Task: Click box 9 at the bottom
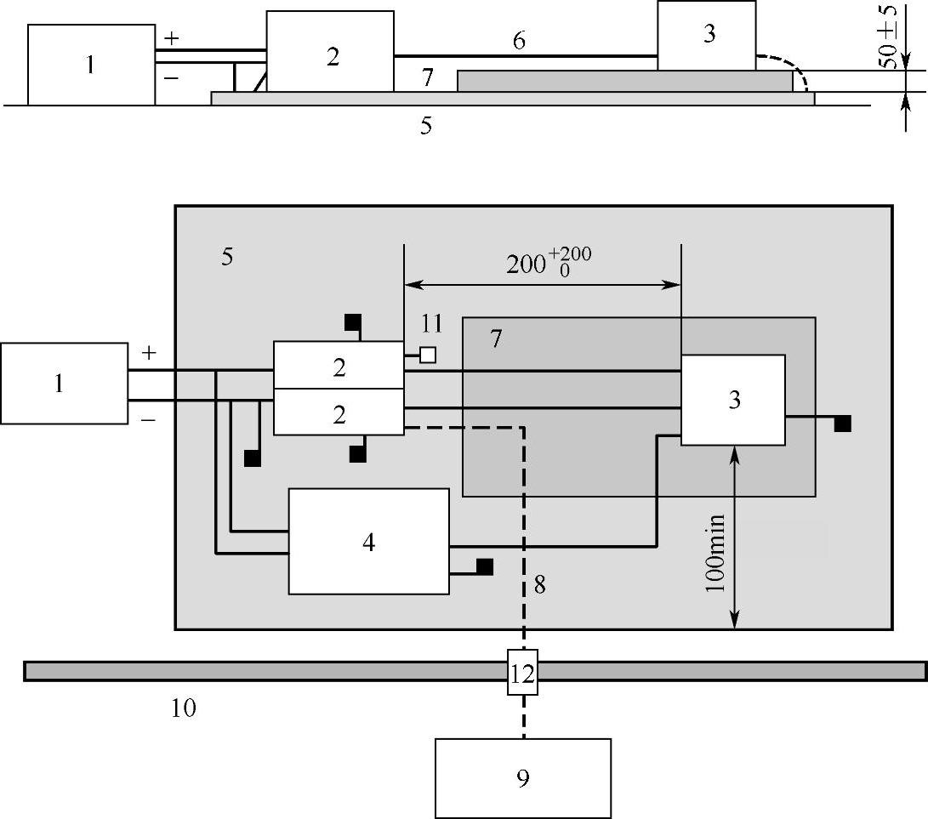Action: pyautogui.click(x=522, y=777)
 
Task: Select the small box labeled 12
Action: pyautogui.click(x=522, y=674)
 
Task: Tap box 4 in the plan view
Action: pyautogui.click(x=368, y=541)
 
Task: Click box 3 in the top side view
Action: pyautogui.click(x=706, y=36)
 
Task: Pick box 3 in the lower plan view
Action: pyautogui.click(x=732, y=400)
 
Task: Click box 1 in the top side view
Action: pyautogui.click(x=91, y=65)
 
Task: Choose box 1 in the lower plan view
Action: pyautogui.click(x=64, y=383)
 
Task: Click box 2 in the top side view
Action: pyautogui.click(x=330, y=57)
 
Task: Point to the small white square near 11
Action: pyautogui.click(x=428, y=355)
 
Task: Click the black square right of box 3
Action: pyautogui.click(x=842, y=424)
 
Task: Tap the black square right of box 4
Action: pyautogui.click(x=485, y=567)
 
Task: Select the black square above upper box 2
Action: pyautogui.click(x=352, y=322)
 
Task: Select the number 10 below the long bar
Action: pyautogui.click(x=184, y=708)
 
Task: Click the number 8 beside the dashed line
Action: pyautogui.click(x=539, y=584)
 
